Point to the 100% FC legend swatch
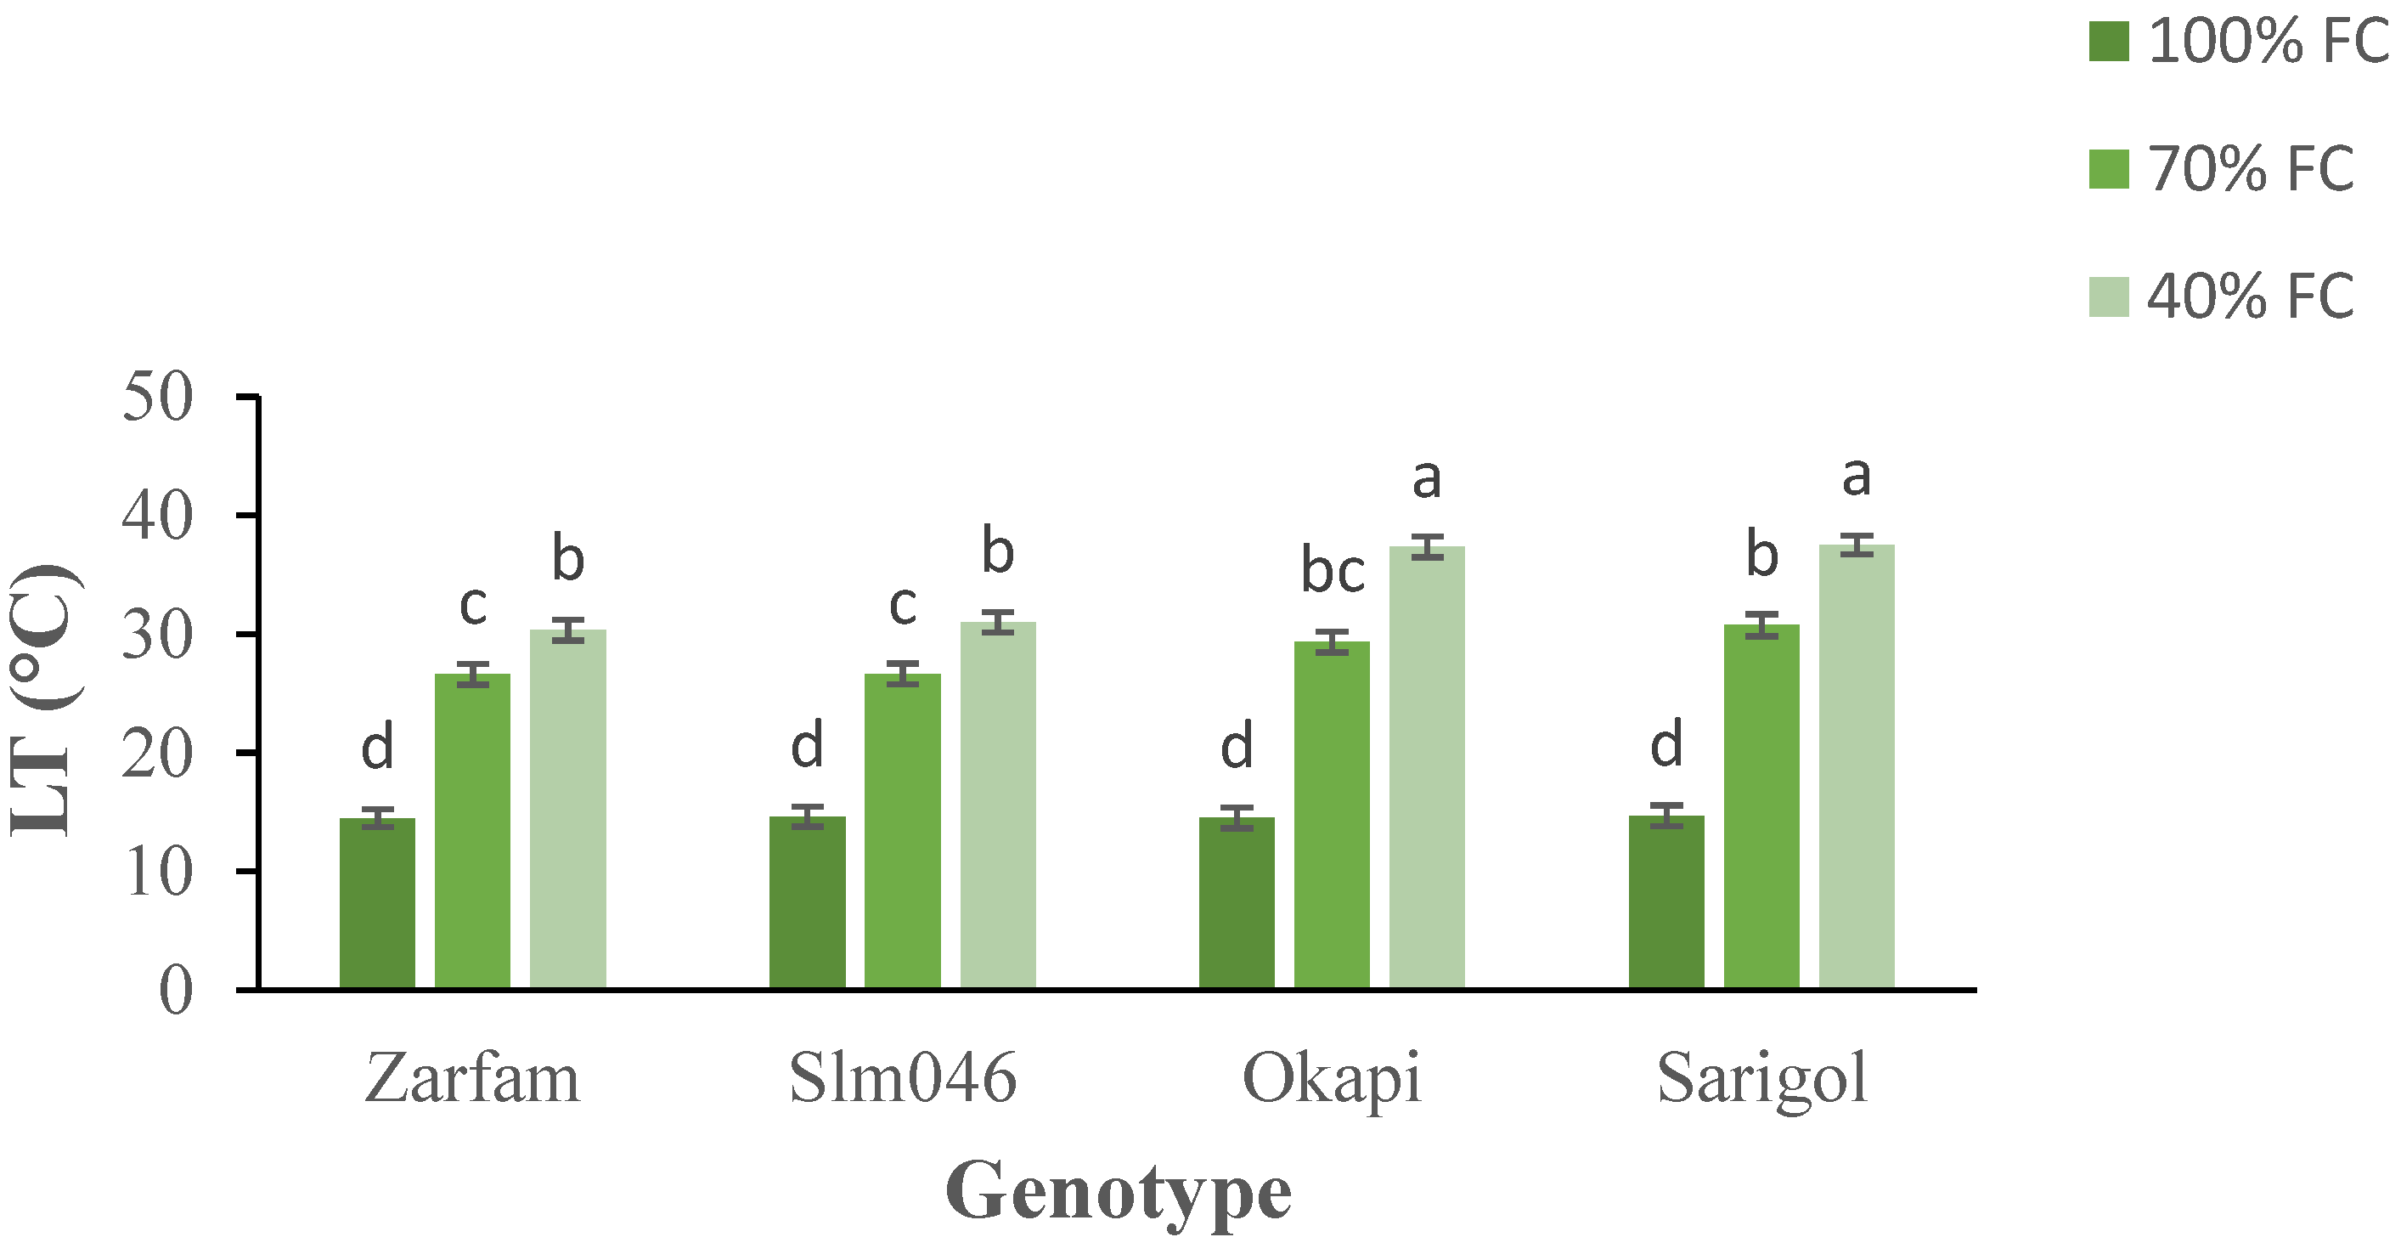pyautogui.click(x=2108, y=42)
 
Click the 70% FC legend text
pyautogui.click(x=2250, y=170)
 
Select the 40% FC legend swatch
pyautogui.click(x=2108, y=297)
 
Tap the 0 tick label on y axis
pyautogui.click(x=175, y=990)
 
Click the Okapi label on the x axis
pyautogui.click(x=1331, y=1079)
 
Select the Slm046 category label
pyautogui.click(x=902, y=1079)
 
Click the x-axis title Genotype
pyautogui.click(x=1118, y=1191)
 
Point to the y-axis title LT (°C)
pyautogui.click(x=45, y=699)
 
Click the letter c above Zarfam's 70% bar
pyautogui.click(x=472, y=606)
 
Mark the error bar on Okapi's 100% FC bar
pyautogui.click(x=1236, y=819)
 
